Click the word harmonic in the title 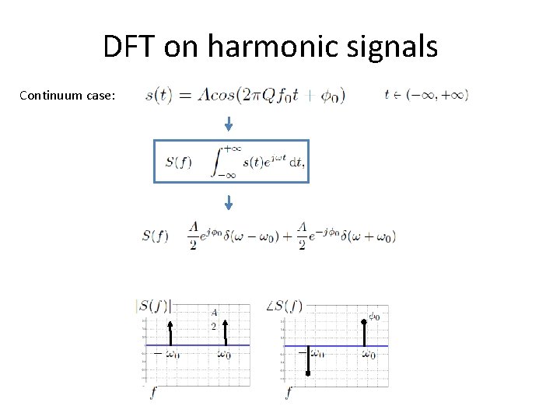point(261,47)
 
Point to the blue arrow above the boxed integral point(229,124)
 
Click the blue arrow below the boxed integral point(229,202)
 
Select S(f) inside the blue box point(178,162)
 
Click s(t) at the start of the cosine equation point(159,96)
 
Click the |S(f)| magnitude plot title point(153,306)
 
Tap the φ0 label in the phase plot point(374,317)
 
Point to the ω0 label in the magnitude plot point(224,355)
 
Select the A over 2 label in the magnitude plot point(214,320)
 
